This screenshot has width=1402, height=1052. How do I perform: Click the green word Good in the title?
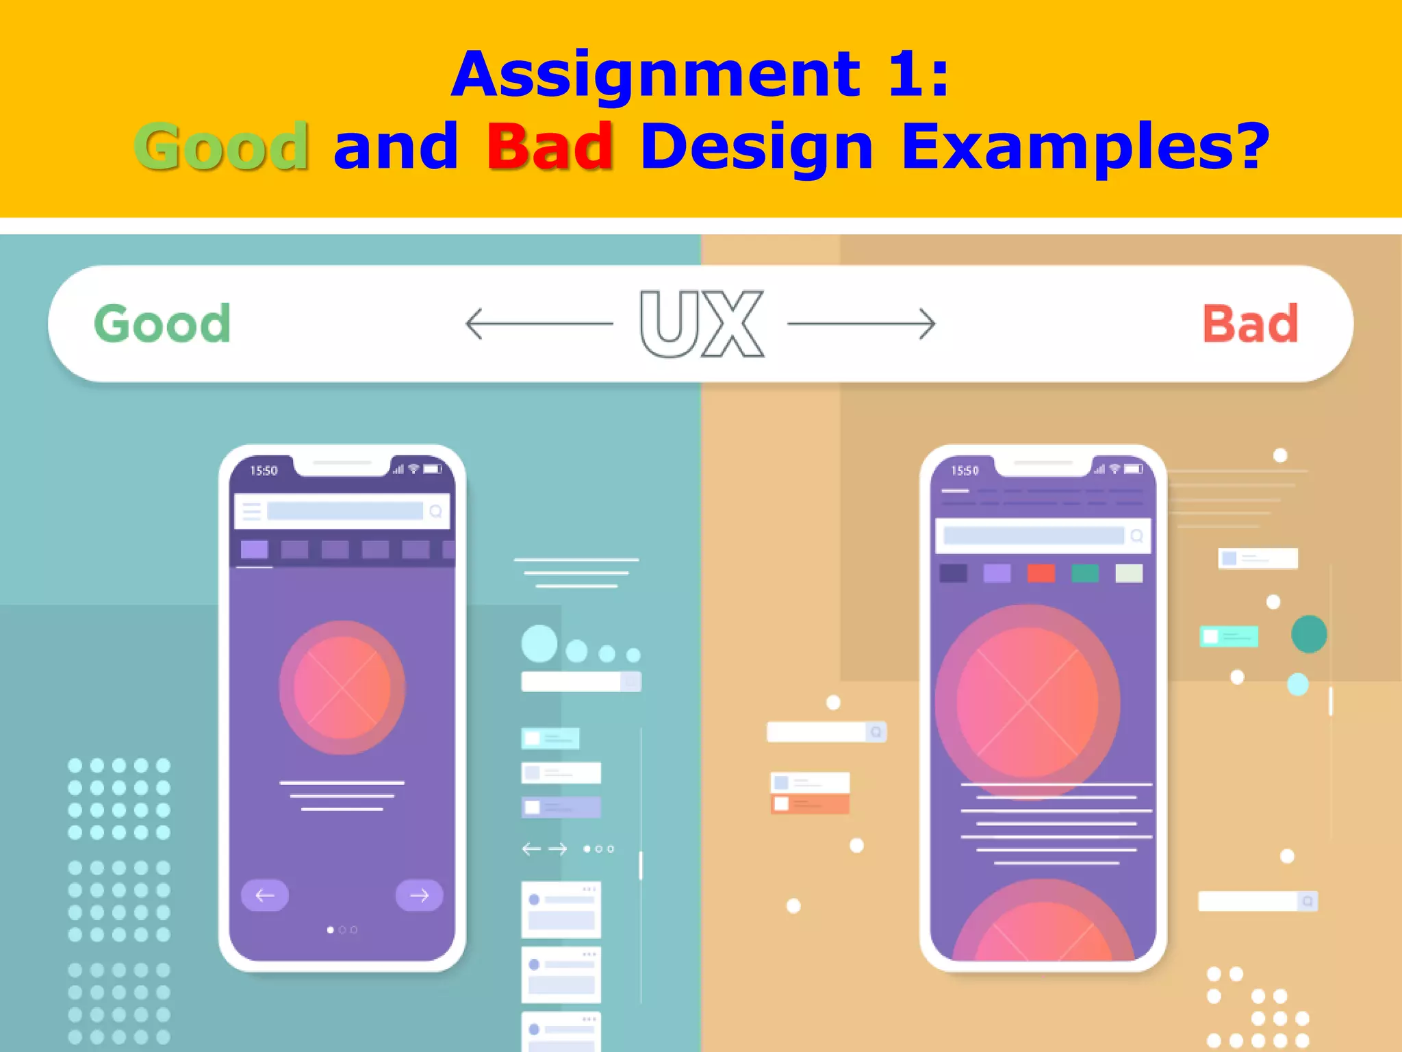coord(221,146)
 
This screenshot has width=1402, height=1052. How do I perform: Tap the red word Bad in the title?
coord(550,146)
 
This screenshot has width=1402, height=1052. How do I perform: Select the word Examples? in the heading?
coord(1085,146)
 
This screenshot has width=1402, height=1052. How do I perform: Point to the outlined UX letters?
coord(701,323)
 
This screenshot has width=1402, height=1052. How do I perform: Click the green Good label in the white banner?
coord(162,323)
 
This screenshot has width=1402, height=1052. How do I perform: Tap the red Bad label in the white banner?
coord(1250,323)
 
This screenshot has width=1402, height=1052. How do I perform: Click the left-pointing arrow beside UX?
coord(538,323)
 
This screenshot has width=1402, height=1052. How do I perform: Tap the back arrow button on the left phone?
coord(265,894)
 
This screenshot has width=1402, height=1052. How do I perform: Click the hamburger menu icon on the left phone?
coord(252,511)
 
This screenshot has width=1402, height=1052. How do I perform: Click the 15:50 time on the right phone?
coord(965,471)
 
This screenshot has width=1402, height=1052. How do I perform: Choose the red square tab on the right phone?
coord(1041,573)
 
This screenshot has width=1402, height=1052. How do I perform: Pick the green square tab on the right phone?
coord(1084,573)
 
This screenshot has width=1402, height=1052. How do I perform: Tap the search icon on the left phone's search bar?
coord(435,511)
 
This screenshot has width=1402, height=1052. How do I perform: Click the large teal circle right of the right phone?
coord(1309,634)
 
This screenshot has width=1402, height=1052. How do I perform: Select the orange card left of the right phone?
coord(810,803)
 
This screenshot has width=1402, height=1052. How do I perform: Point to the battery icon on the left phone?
coord(433,469)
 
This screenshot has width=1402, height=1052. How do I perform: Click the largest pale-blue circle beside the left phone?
coord(539,643)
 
